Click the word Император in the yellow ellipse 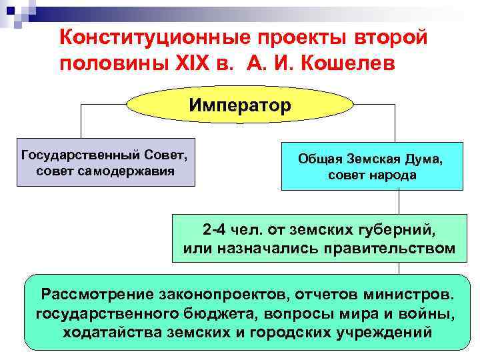(239, 106)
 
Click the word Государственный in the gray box (79, 155)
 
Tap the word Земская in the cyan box (371, 160)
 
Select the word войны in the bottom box (421, 313)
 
